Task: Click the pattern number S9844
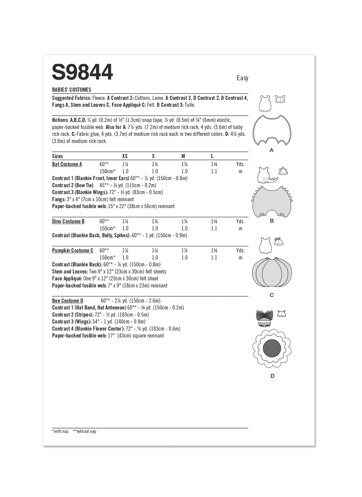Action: (x=82, y=72)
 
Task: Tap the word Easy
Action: (x=242, y=78)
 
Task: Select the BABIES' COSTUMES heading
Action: (x=71, y=90)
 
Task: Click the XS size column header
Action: (x=125, y=156)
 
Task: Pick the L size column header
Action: (x=212, y=156)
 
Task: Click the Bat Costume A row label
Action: (x=67, y=164)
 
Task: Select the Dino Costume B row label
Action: (x=68, y=221)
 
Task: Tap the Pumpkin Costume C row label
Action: (x=72, y=250)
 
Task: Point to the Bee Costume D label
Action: (x=67, y=301)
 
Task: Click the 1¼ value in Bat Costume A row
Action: (x=214, y=164)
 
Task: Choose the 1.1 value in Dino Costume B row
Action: (x=214, y=228)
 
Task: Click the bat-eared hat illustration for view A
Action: (x=280, y=99)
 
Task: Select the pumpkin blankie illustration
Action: (x=272, y=272)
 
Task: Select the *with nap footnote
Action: (x=60, y=431)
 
